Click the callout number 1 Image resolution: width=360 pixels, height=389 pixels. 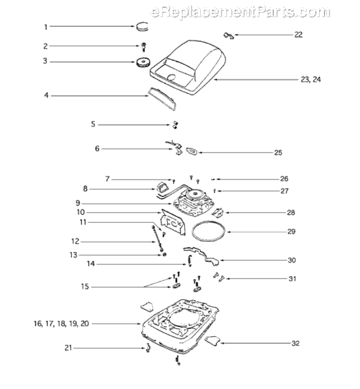pos(46,27)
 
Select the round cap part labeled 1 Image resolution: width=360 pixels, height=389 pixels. pos(142,26)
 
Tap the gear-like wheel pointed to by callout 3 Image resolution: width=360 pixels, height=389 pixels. pos(143,62)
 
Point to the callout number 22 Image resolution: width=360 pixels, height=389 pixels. pos(298,35)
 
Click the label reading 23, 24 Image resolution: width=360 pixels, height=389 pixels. pos(311,79)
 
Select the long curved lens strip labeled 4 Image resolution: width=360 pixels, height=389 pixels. pos(162,98)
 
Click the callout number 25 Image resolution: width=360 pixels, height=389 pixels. pos(278,153)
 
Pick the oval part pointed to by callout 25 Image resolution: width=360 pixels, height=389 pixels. pos(192,151)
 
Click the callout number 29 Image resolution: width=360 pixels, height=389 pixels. pos(291,231)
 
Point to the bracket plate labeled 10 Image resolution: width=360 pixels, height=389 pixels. pos(173,222)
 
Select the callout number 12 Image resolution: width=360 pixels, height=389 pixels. pos(76,241)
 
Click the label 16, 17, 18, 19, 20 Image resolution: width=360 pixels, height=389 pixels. pos(61,324)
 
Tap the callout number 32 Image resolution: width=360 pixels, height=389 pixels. pos(295,343)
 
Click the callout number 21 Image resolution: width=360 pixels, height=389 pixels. pos(68,348)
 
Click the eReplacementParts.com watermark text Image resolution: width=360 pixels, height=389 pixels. pos(240,12)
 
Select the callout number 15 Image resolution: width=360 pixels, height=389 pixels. pos(85,287)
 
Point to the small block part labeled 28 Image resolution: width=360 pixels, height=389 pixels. pos(218,213)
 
